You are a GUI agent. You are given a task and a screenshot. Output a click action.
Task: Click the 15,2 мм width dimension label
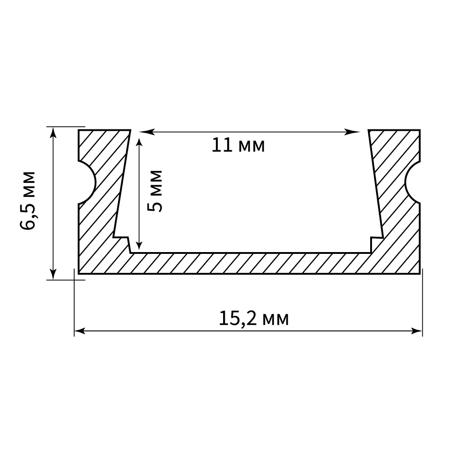[254, 319]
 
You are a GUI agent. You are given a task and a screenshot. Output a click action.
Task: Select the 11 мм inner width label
[238, 145]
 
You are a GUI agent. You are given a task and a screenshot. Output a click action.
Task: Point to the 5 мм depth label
[155, 191]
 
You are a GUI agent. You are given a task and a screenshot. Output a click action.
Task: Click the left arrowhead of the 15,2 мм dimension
[80, 331]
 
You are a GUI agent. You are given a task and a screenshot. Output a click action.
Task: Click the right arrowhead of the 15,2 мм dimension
[417, 331]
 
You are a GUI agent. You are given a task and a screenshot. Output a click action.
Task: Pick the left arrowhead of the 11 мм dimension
[146, 132]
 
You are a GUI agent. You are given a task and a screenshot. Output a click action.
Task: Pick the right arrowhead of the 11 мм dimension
[353, 132]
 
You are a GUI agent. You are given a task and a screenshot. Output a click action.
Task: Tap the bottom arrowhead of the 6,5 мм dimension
[53, 274]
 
